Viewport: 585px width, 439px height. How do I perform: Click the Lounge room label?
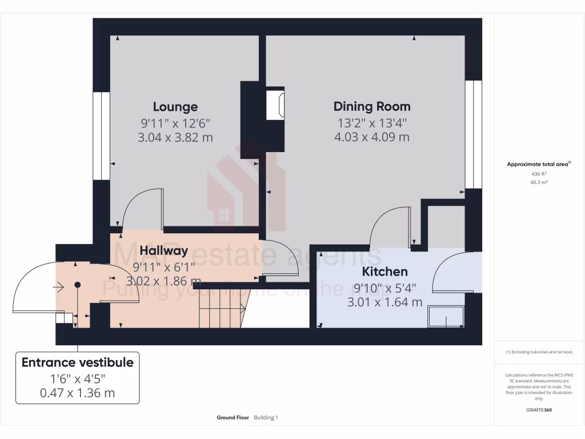point(175,107)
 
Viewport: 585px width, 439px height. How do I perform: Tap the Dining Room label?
point(372,106)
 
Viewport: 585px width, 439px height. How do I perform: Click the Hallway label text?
point(164,250)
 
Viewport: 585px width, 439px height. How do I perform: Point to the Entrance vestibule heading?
point(77,362)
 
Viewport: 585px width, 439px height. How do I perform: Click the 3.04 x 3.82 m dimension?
point(175,137)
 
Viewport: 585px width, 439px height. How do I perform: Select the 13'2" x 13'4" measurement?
point(372,122)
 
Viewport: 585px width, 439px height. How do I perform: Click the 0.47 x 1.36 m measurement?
point(77,393)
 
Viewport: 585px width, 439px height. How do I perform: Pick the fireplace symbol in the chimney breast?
point(276,104)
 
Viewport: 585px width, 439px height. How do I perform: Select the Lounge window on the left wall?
point(101,135)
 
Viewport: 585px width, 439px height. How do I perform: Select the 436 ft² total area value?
point(539,173)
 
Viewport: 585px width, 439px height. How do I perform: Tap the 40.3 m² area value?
point(539,182)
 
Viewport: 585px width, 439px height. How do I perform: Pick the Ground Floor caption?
point(233,418)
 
